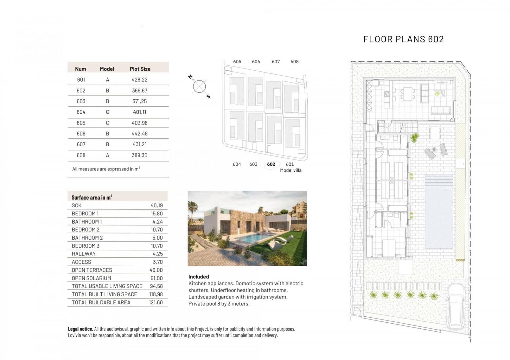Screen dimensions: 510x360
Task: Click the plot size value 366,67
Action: pos(140,90)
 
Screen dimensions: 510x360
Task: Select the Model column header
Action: pos(107,69)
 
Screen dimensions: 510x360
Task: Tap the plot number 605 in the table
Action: pos(81,123)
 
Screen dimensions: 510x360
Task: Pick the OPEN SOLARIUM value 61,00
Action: pos(157,278)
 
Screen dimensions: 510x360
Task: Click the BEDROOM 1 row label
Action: pos(85,213)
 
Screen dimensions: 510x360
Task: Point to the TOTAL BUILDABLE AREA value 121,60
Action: pos(156,302)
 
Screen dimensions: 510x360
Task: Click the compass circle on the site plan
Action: pos(199,86)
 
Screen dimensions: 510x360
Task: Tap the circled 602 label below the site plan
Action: pos(271,164)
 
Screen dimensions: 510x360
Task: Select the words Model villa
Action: pos(291,170)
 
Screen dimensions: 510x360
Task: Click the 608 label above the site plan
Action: pos(295,62)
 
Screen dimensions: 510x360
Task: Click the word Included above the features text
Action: pos(199,277)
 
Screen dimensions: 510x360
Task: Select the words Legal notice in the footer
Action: pos(80,329)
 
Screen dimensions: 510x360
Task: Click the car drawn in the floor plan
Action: pos(456,306)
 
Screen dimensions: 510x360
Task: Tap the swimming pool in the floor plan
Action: pos(439,211)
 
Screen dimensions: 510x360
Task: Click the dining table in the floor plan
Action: pos(408,94)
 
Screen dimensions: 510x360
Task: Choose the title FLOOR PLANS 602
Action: pos(404,39)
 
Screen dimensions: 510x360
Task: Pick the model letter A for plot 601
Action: pos(107,80)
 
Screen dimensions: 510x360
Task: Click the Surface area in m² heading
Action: pos(92,197)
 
